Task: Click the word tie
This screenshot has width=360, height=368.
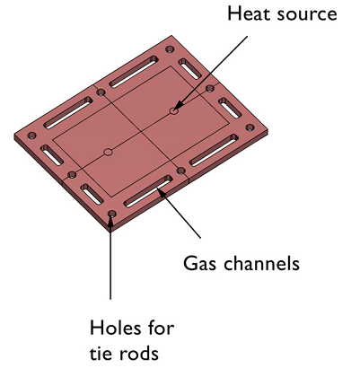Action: click(101, 353)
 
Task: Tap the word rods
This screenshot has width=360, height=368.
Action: click(138, 353)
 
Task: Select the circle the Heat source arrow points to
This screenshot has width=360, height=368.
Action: click(174, 110)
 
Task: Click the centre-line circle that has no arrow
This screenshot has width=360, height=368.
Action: click(109, 152)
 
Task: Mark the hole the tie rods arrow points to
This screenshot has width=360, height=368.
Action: click(112, 214)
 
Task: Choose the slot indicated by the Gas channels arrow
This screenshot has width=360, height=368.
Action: click(148, 191)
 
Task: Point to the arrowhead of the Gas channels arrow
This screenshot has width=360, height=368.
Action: click(161, 191)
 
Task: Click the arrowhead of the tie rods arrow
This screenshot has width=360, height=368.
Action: click(110, 217)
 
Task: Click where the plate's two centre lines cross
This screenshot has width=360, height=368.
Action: click(141, 131)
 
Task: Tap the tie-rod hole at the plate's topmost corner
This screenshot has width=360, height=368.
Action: click(170, 48)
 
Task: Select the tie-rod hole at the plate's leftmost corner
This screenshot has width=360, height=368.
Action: click(31, 136)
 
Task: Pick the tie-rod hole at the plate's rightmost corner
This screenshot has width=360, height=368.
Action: click(250, 127)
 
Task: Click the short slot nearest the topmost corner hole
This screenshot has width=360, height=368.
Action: click(190, 69)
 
